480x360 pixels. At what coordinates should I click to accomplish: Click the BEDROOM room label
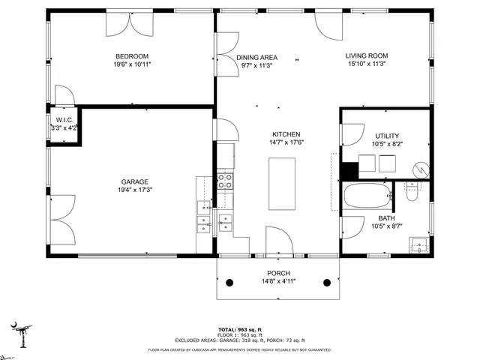tap(132, 56)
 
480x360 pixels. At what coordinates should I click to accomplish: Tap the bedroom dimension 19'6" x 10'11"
tap(132, 65)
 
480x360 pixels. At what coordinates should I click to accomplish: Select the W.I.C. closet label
tap(64, 120)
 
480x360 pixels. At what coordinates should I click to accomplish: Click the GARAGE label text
tap(135, 181)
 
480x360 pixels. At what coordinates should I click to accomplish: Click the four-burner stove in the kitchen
tap(225, 180)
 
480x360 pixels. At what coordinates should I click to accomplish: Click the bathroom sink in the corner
tap(418, 244)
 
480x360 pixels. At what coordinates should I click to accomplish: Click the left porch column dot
tap(230, 283)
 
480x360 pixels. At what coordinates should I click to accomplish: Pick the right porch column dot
tap(327, 283)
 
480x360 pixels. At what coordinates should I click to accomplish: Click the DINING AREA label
tap(256, 57)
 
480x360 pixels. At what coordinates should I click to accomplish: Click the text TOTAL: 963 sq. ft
tap(240, 330)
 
